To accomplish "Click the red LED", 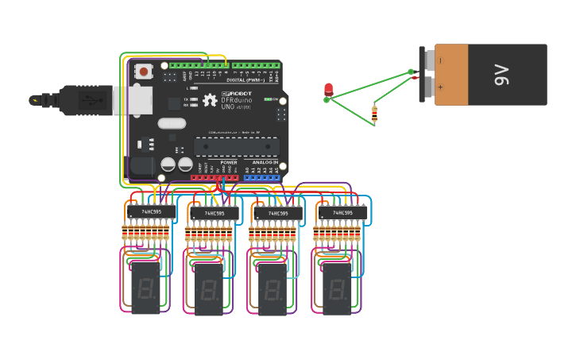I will (328, 90).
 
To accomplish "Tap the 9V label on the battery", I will (501, 75).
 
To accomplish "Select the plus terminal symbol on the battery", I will (441, 87).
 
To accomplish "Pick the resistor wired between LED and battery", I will (374, 114).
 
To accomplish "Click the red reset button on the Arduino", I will (143, 72).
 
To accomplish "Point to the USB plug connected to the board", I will (87, 101).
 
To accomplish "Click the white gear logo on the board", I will (210, 100).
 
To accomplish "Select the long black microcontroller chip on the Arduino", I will (237, 146).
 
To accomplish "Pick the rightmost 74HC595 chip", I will (342, 213).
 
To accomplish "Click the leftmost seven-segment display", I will (145, 287).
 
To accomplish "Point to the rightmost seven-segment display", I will (337, 288).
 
